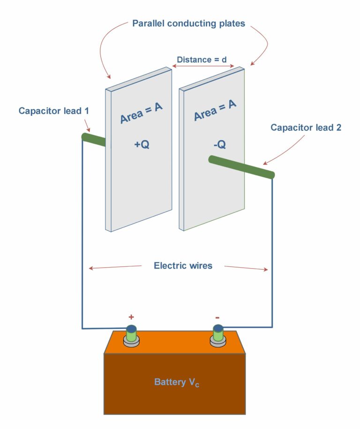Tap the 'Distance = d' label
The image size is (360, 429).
click(202, 60)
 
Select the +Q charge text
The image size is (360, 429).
click(142, 145)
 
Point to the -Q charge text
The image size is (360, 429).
click(219, 145)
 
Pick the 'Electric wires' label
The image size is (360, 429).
click(183, 266)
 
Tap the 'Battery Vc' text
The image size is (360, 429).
click(177, 383)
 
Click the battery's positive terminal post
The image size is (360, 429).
click(132, 334)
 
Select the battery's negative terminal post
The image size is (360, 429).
click(217, 334)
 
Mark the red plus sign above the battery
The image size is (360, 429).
click(131, 317)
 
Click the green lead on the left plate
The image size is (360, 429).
click(94, 139)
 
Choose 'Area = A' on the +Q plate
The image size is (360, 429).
click(141, 113)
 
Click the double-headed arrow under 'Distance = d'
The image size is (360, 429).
click(202, 67)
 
